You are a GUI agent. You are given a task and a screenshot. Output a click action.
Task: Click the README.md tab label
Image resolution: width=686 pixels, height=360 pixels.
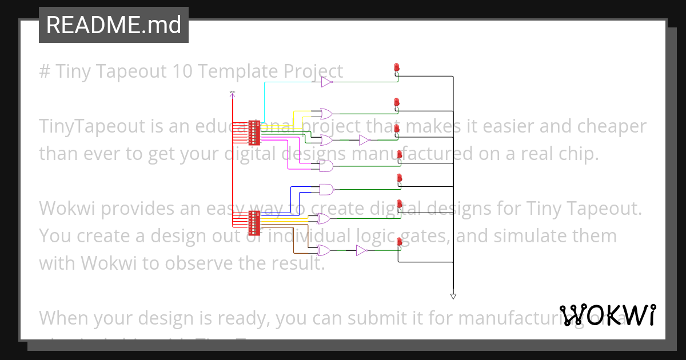click(x=113, y=25)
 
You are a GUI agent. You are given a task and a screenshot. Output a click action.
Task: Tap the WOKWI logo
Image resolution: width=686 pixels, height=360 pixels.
click(x=608, y=315)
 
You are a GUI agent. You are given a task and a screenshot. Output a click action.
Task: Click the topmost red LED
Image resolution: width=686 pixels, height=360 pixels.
click(x=396, y=68)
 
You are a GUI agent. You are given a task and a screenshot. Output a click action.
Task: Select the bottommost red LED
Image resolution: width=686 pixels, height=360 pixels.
click(x=398, y=243)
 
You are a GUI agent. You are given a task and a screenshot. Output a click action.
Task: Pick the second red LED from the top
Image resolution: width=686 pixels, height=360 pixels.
click(x=396, y=102)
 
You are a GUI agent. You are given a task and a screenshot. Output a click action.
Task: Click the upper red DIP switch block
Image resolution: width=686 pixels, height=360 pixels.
click(x=254, y=133)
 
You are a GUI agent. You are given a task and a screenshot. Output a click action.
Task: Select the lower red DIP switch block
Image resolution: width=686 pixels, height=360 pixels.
click(x=254, y=223)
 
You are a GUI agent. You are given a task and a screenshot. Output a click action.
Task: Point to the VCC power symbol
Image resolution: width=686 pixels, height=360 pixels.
click(x=232, y=93)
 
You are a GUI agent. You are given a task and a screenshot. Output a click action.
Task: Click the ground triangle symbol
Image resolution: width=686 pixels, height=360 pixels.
click(x=453, y=296)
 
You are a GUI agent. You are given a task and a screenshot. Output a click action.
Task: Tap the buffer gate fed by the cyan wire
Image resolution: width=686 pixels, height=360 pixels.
click(x=326, y=83)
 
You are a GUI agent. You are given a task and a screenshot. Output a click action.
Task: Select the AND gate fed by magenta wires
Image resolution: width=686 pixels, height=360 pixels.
click(x=326, y=166)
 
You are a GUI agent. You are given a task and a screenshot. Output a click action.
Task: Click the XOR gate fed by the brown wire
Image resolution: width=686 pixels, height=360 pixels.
click(x=324, y=250)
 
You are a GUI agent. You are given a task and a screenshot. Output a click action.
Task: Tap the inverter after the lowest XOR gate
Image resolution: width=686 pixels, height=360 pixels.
click(x=361, y=250)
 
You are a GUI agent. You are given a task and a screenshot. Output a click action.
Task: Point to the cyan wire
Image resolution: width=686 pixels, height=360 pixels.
click(x=265, y=100)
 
